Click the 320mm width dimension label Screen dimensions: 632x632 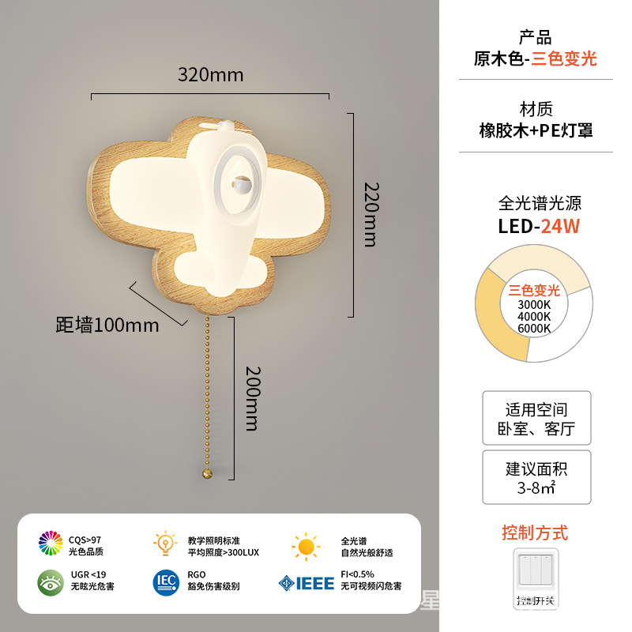click(210, 76)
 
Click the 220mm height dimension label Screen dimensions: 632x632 click(371, 213)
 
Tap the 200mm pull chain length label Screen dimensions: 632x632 click(252, 397)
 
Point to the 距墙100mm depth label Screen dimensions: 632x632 click(107, 325)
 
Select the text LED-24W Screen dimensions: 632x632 click(538, 226)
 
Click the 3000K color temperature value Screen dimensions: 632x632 click(534, 305)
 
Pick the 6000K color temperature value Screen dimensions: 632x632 click(534, 328)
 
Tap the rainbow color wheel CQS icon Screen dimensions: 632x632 click(51, 544)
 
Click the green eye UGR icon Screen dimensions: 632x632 click(51, 581)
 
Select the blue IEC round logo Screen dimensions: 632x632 click(166, 581)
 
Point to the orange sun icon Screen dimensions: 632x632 click(305, 546)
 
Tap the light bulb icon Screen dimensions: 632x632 click(165, 544)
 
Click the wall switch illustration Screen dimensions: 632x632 click(536, 577)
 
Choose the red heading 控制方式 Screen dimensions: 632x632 click(535, 532)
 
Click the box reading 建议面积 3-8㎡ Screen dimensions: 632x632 click(536, 478)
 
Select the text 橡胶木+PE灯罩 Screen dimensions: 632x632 click(536, 130)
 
